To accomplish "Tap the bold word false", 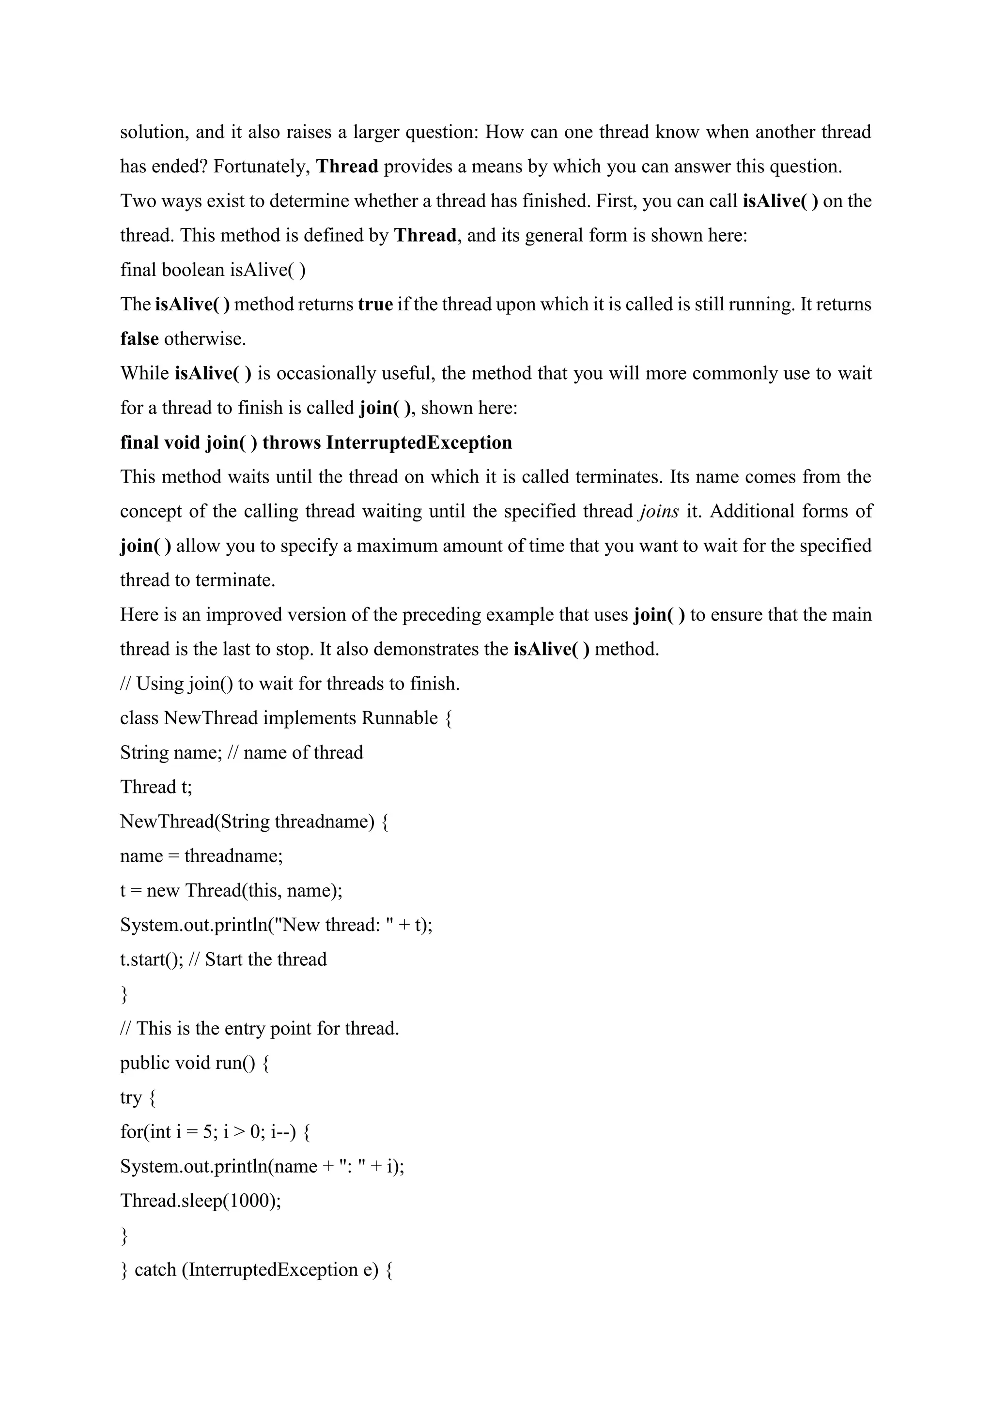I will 139,339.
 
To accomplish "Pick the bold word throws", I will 292,442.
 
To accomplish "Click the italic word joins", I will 658,511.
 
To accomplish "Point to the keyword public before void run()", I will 145,1063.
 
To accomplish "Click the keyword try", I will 131,1098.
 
